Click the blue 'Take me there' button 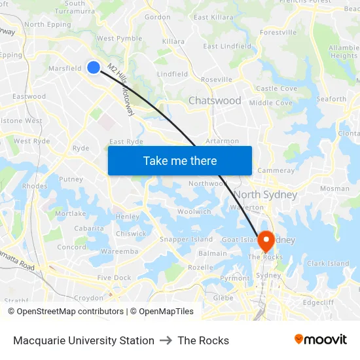tap(179, 160)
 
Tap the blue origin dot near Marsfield tap(94, 67)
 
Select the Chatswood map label tap(215, 101)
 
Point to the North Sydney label tap(265, 194)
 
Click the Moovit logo tap(320, 340)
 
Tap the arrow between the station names tap(166, 340)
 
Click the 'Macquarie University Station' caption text tap(84, 340)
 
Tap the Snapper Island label tap(187, 240)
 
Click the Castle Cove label tap(276, 88)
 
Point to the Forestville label tap(278, 32)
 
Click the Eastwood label tap(29, 96)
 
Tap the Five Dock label tap(114, 278)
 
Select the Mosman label tap(334, 189)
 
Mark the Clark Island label tap(328, 264)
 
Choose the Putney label tap(71, 179)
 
